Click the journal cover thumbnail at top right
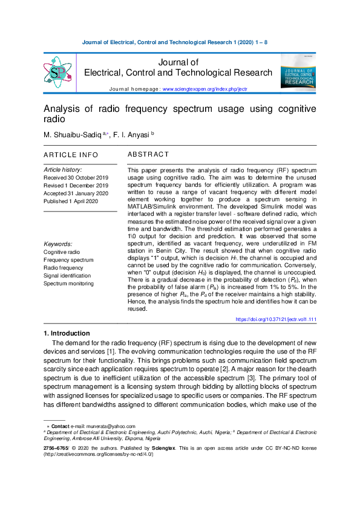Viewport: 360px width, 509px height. [298, 73]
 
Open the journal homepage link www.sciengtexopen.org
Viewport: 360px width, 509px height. [205, 89]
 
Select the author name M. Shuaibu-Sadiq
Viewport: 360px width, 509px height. [72, 134]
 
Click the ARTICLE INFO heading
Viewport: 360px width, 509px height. [71, 155]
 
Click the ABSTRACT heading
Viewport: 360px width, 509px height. [148, 155]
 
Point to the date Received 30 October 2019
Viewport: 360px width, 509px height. [76, 178]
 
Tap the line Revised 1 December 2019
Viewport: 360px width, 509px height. [76, 186]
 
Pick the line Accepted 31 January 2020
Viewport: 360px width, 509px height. [76, 193]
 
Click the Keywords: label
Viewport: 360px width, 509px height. [59, 244]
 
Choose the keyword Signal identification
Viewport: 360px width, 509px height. [67, 276]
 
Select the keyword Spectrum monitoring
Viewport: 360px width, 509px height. [68, 284]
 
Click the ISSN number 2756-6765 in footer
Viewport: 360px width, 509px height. [55, 448]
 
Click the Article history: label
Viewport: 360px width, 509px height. [63, 170]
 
